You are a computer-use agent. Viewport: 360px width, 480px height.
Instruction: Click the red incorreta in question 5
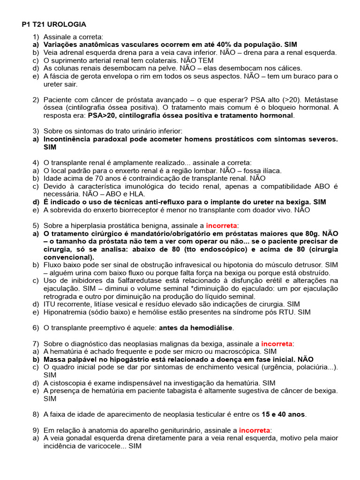click(222, 225)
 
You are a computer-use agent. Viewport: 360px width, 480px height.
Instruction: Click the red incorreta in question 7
click(277, 344)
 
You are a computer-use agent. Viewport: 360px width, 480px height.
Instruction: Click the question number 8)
click(36, 414)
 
